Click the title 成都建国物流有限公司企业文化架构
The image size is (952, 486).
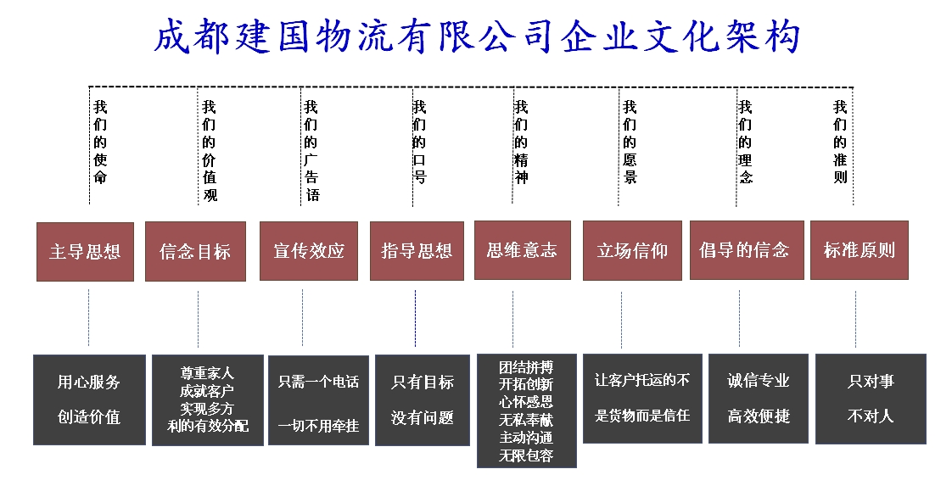point(477,36)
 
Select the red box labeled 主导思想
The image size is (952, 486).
point(85,252)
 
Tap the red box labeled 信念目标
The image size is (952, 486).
point(195,251)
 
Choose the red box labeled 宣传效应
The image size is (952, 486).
point(309,250)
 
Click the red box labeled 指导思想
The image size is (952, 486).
point(417,250)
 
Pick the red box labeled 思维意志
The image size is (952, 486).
point(522,250)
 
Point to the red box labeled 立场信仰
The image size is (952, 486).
point(632,250)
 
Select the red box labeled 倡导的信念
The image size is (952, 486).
point(747,250)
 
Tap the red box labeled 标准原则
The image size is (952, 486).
point(860,250)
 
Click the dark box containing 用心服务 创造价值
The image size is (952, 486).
point(89,399)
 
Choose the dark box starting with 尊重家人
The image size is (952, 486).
point(208,400)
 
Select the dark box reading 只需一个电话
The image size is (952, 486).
point(319,400)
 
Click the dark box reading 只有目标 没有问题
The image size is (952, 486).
point(423,400)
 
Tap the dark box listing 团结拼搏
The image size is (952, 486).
point(526,411)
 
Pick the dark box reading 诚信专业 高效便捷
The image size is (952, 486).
point(759,399)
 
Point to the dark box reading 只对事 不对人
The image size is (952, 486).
point(871,399)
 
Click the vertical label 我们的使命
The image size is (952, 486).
point(100,142)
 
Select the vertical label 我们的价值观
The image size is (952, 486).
point(210,151)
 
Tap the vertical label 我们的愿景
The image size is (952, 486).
point(630,142)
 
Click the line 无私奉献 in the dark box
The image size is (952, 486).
point(526,420)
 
